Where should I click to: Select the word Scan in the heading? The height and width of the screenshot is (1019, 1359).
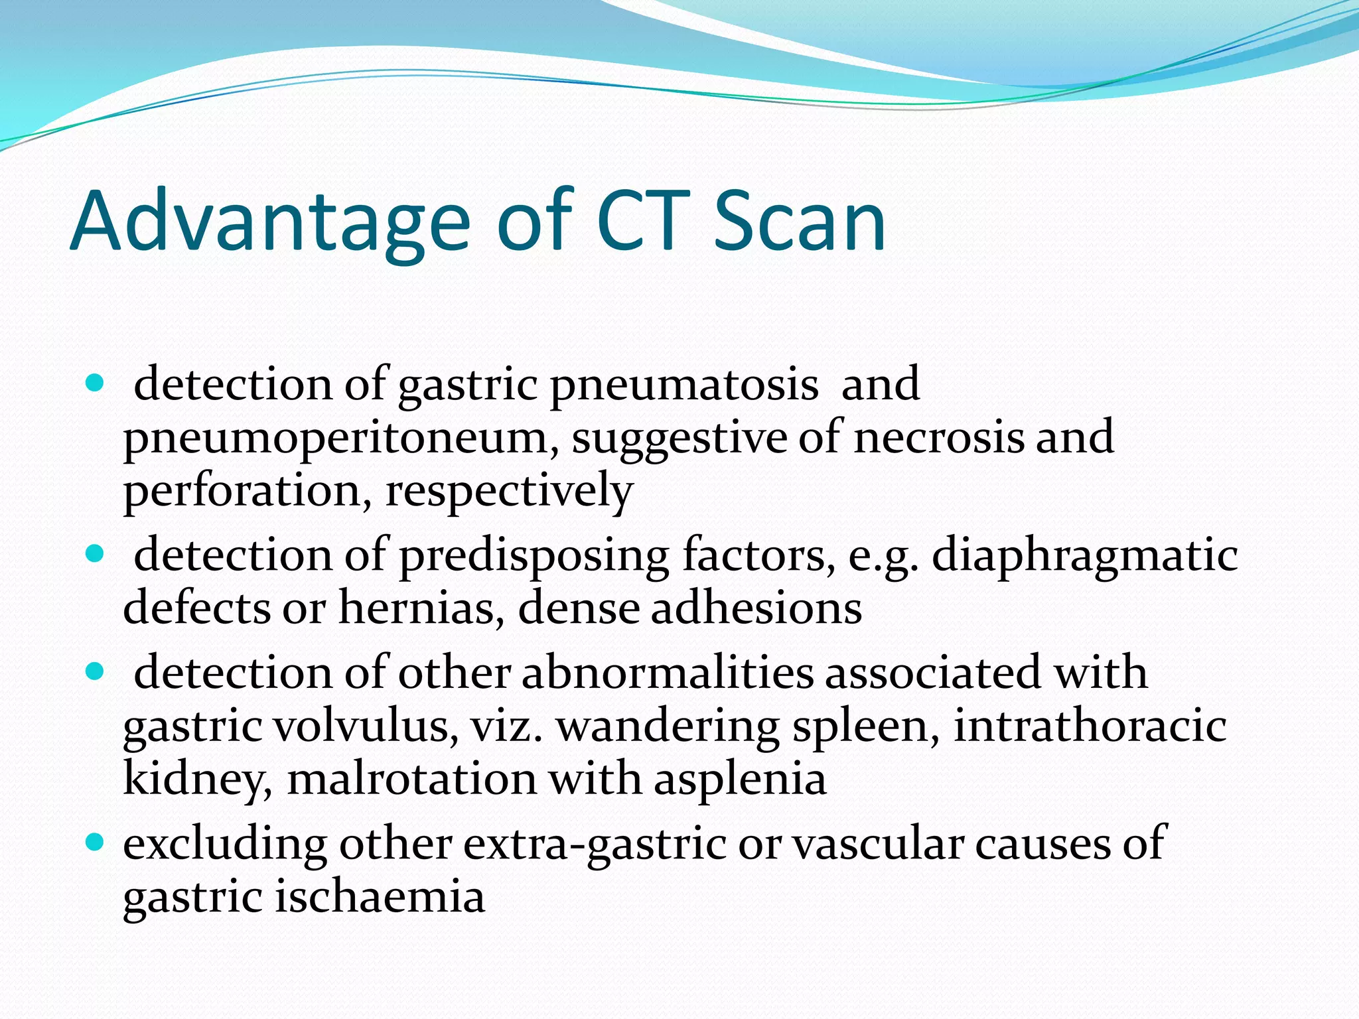tap(800, 222)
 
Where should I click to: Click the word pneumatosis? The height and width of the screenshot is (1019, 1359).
tap(684, 385)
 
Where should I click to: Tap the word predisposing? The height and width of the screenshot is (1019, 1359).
tap(534, 556)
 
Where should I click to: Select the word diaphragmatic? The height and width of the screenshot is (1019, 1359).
tap(1084, 556)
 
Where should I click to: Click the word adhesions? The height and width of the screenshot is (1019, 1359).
tap(756, 608)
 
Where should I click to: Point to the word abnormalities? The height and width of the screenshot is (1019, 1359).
tap(667, 673)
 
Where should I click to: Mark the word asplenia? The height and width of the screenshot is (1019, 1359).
tap(740, 779)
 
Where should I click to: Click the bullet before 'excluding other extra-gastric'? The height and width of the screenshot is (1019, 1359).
tap(96, 843)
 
